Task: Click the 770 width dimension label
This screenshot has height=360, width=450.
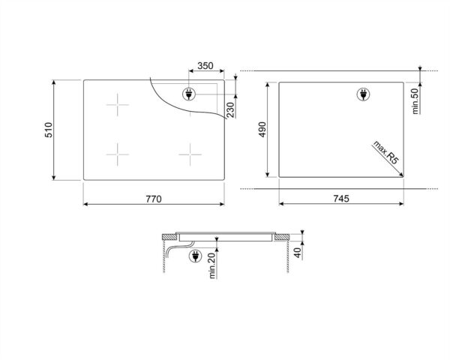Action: (153, 199)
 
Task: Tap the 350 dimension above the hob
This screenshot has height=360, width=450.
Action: (204, 67)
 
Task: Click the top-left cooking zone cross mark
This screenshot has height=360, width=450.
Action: (117, 105)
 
